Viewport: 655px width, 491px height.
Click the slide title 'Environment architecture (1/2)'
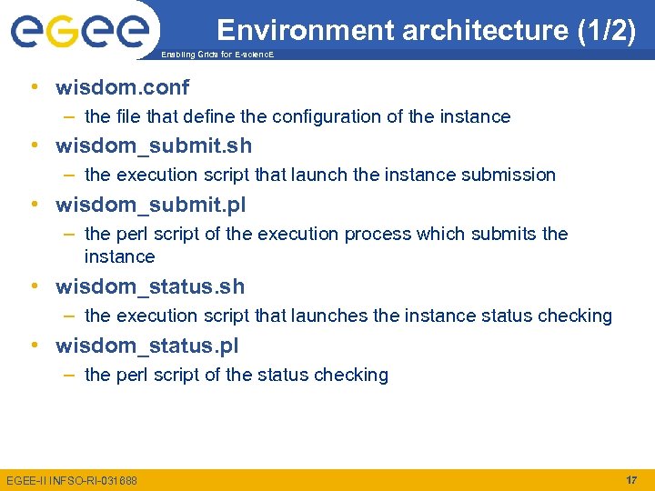(x=426, y=30)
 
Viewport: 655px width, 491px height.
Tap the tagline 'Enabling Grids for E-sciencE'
(x=217, y=55)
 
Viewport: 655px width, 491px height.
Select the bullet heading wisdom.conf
(x=122, y=87)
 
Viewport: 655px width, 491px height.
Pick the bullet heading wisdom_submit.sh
(x=154, y=145)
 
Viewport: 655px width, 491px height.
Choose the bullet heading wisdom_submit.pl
(x=150, y=205)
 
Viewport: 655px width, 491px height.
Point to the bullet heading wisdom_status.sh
(x=150, y=286)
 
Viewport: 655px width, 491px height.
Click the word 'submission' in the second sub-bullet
(x=509, y=175)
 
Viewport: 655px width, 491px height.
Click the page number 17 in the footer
(x=630, y=479)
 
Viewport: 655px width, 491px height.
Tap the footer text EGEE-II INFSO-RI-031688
(x=72, y=480)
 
